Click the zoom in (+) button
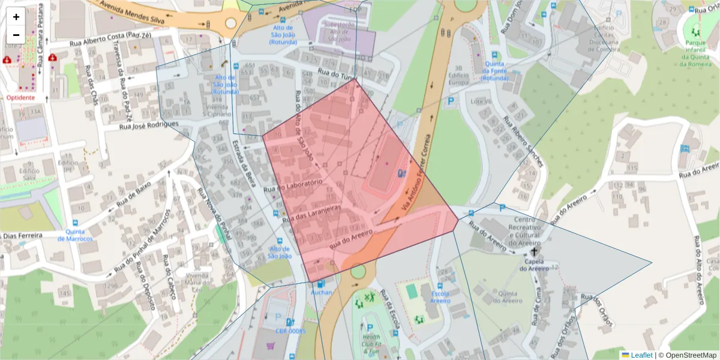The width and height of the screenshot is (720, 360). [16, 17]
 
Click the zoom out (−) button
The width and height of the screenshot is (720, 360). [16, 35]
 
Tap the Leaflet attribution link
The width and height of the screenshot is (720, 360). [637, 355]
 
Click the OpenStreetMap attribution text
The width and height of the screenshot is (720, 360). [687, 355]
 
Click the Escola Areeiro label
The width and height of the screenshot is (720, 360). [440, 298]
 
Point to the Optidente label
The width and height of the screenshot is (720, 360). [20, 97]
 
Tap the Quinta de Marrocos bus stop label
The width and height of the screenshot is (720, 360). [76, 235]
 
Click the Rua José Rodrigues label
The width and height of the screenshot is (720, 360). [149, 125]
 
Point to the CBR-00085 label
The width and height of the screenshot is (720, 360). [290, 331]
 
